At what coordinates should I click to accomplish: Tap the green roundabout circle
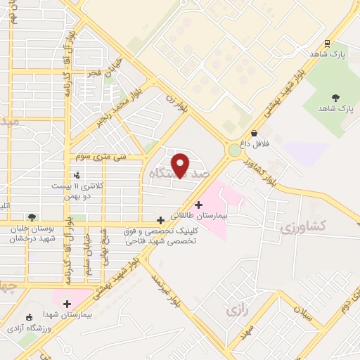(x=234, y=149)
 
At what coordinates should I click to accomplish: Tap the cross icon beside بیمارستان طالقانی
(x=199, y=204)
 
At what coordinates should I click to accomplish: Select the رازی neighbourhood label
(x=234, y=309)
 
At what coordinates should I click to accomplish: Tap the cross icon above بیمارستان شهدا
(x=67, y=304)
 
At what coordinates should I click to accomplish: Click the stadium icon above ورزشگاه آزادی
(x=28, y=317)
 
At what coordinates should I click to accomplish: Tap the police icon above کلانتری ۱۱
(x=76, y=174)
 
